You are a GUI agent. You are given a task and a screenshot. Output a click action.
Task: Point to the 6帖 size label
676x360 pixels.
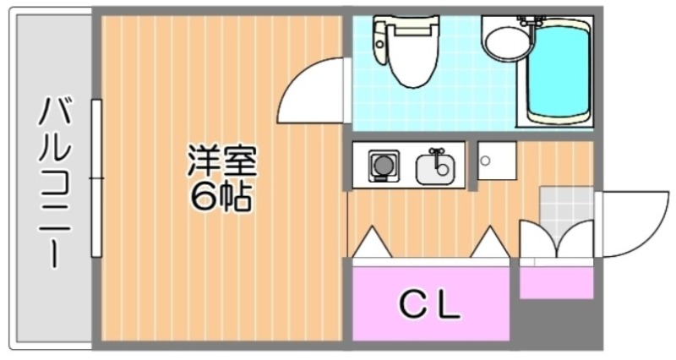[221, 196]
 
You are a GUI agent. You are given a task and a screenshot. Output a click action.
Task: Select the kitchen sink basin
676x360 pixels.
[435, 169]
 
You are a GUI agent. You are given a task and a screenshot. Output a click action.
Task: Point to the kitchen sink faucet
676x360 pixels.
[436, 154]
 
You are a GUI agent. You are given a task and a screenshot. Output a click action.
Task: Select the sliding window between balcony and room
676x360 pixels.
[97, 177]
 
